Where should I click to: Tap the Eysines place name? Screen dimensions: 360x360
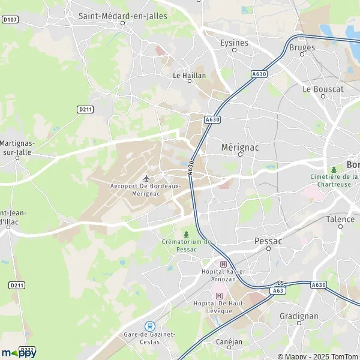[x=234, y=43]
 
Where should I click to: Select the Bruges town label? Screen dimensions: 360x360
[x=302, y=47]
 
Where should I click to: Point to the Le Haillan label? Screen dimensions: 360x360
[x=189, y=76]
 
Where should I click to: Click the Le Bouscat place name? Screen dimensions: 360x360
[x=323, y=89]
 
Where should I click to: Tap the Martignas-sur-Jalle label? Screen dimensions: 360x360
[x=18, y=148]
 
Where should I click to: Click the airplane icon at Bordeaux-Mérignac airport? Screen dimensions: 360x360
[x=146, y=178]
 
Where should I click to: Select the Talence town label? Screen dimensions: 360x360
[x=340, y=219]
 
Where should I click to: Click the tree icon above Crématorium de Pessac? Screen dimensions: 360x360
[x=186, y=234]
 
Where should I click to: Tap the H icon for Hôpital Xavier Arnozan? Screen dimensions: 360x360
[x=224, y=264]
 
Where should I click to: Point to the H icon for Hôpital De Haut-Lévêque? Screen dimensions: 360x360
[x=219, y=296]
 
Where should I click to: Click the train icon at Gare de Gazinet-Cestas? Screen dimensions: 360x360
[x=151, y=326]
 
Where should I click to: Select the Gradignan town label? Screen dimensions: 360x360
[x=299, y=315]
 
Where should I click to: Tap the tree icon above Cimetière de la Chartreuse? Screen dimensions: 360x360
[x=334, y=170]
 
